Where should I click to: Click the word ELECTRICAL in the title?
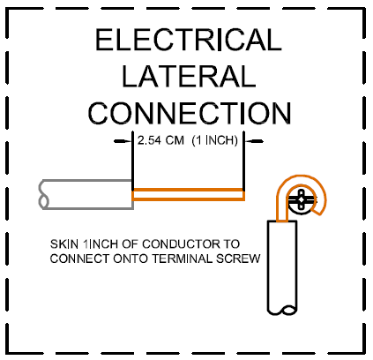[189, 40]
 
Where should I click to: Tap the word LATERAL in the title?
[189, 76]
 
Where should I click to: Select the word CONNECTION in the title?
[190, 113]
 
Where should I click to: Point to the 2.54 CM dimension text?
[160, 140]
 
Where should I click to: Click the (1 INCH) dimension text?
[214, 140]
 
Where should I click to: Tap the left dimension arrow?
[123, 141]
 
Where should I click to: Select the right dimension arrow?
[254, 141]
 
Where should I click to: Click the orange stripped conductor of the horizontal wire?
[188, 195]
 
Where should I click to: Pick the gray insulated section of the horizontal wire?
[86, 194]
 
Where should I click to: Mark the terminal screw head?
[302, 200]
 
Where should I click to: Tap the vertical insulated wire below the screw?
[282, 267]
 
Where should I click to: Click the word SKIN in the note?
[64, 244]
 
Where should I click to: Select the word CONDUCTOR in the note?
[181, 244]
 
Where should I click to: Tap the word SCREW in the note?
[238, 259]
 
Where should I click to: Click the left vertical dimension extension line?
[132, 161]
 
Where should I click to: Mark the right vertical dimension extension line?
[243, 161]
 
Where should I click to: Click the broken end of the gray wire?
[43, 194]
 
